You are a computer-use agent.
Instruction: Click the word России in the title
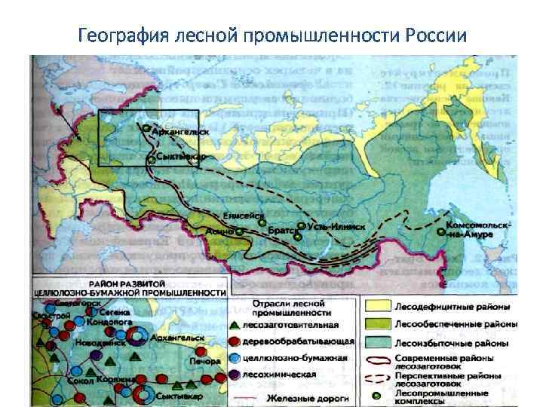click(x=437, y=35)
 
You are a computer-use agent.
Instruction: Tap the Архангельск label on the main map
click(x=181, y=131)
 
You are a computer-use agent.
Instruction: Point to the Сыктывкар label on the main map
click(x=182, y=157)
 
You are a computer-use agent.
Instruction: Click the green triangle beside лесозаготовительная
click(x=235, y=326)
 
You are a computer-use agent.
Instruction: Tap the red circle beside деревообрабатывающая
click(x=235, y=342)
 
